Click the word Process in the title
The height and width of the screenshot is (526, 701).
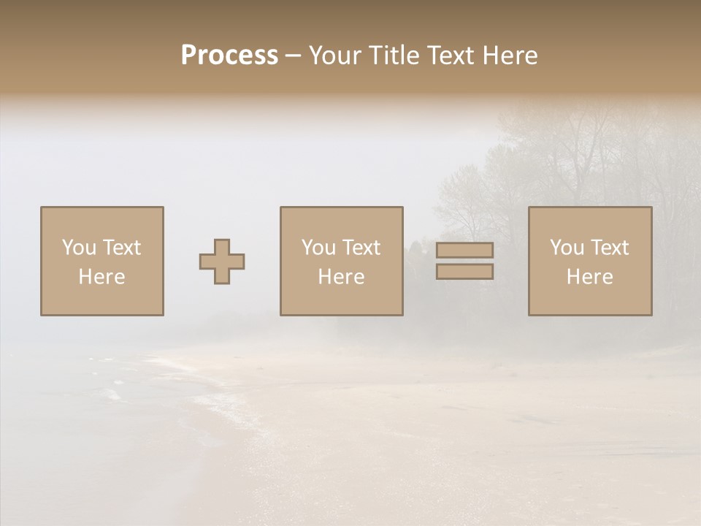pos(229,55)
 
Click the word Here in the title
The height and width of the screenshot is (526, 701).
pos(510,56)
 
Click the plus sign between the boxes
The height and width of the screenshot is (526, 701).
pos(222,262)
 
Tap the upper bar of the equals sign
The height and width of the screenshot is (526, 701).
pos(464,250)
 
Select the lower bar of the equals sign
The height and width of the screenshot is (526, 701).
pos(464,271)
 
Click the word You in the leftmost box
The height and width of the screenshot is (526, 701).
pos(78,248)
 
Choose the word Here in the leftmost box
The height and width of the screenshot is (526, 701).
pos(101,277)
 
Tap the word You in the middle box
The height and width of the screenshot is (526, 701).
pos(318,248)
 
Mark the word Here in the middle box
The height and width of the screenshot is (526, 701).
pos(341,277)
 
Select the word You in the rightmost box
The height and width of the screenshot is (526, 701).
pos(566,248)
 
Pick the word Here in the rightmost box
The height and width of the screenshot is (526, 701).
pos(589,277)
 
